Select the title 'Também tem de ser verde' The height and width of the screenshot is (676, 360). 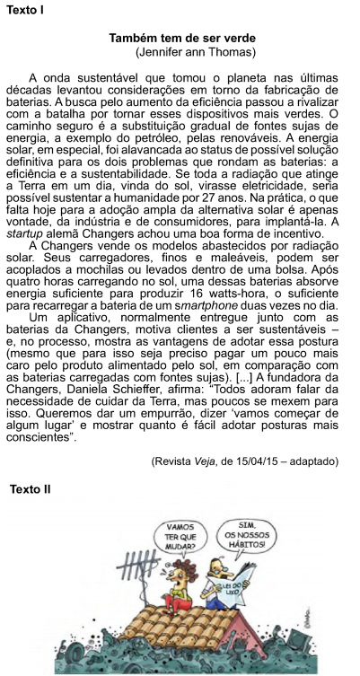click(181, 39)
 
